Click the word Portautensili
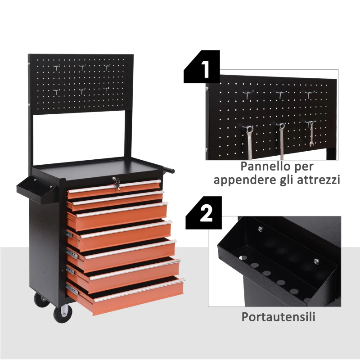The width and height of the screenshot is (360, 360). point(278,317)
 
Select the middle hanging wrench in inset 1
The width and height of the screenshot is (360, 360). point(281,139)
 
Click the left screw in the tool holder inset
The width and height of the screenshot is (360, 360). point(260,230)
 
